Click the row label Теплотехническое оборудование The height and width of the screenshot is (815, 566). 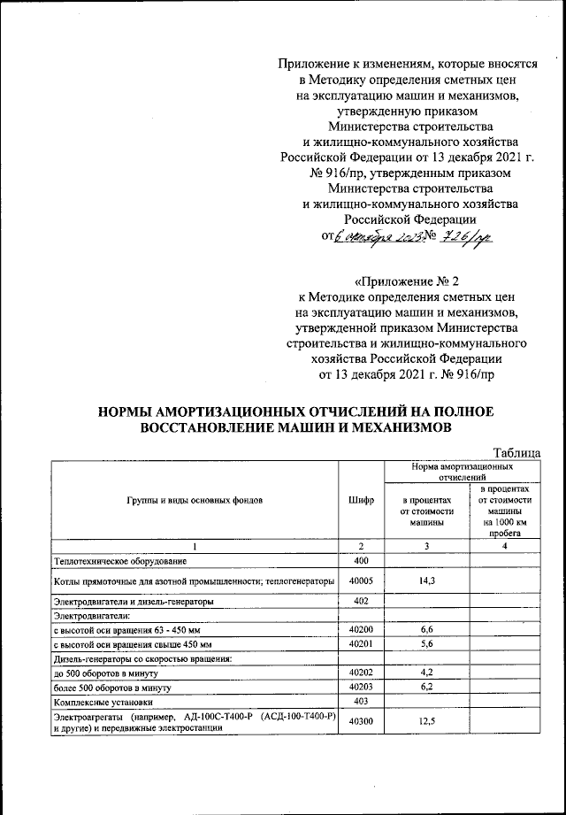[x=120, y=561]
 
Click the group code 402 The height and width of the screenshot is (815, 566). [x=361, y=601]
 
